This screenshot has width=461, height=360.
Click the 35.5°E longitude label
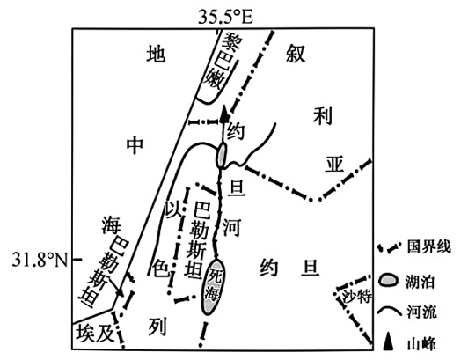coord(225,17)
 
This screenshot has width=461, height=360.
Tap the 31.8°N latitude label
coord(40,260)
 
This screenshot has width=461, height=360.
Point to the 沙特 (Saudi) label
coord(357,296)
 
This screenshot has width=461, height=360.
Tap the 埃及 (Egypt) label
coord(95,334)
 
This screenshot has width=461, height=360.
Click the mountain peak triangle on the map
coord(224,114)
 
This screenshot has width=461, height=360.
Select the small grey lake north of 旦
coord(222,155)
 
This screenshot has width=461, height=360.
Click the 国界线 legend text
coord(429,247)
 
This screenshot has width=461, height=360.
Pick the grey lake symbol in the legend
coord(389,280)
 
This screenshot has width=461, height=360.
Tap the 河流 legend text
coord(422,312)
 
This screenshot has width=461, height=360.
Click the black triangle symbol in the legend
coord(389,342)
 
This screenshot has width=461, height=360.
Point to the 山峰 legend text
coord(421,343)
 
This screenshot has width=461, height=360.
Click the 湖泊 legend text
coord(422,281)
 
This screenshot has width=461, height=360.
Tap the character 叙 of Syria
coord(296,54)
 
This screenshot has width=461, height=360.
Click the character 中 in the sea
coord(135,144)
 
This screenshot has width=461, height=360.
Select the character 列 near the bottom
coord(157,327)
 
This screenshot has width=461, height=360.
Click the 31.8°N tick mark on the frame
coord(77,260)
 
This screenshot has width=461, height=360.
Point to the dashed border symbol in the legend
coord(389,248)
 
